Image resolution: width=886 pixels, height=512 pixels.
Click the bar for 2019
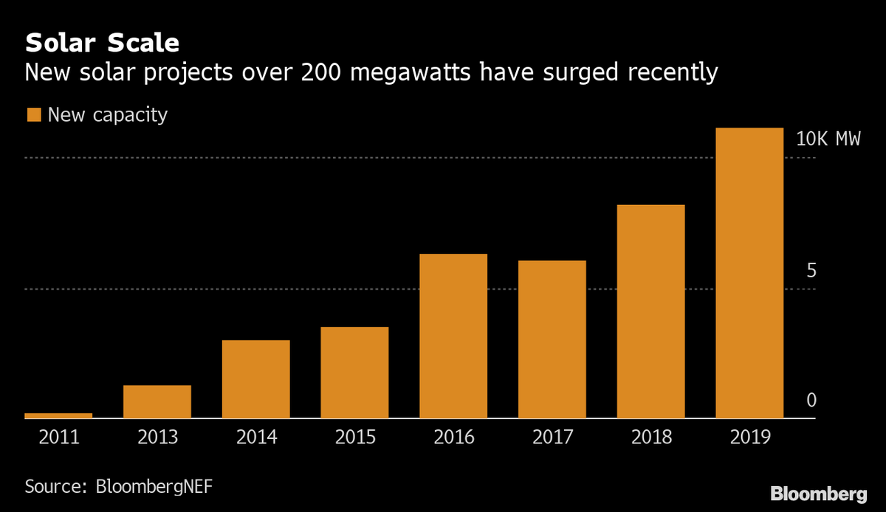[749, 273]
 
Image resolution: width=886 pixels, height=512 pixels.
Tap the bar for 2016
[453, 336]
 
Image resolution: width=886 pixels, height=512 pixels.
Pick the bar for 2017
[552, 339]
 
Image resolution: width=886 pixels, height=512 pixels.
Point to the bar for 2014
[256, 379]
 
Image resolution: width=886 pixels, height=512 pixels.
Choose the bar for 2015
[354, 373]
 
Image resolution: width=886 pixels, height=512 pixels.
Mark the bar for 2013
[157, 401]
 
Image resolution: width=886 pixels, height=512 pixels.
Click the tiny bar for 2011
[58, 415]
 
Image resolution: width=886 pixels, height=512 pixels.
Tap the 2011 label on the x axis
[58, 437]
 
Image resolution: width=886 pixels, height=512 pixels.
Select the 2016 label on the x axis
[453, 437]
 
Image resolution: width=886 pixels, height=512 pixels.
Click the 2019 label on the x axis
[749, 437]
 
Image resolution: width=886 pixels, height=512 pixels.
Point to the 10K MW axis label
[828, 139]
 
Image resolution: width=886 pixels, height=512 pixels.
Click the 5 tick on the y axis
[811, 271]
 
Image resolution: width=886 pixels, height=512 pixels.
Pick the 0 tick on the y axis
[811, 401]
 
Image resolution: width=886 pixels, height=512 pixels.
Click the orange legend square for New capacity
[34, 115]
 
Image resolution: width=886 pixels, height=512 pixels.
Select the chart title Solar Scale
[102, 43]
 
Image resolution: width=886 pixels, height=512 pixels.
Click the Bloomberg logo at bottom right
[819, 493]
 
